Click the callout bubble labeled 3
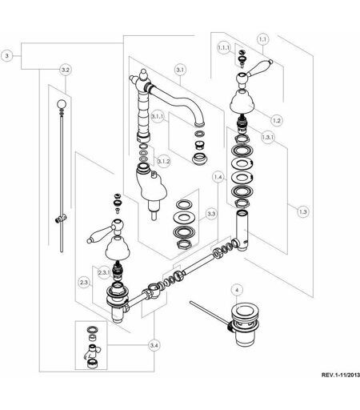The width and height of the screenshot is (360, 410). tap(7, 56)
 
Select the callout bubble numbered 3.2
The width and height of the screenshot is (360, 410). tap(66, 70)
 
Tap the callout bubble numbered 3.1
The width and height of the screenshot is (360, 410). tap(180, 70)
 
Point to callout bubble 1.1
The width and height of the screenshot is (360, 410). tap(262, 39)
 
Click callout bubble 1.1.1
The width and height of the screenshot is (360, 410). tap(223, 48)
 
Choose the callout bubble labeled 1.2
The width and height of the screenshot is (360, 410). tap(277, 120)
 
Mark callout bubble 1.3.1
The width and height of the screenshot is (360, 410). tap(268, 137)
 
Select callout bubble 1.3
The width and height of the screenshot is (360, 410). tap(302, 211)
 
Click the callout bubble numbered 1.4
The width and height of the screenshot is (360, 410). tap(218, 177)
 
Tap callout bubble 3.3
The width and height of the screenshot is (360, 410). tap(211, 214)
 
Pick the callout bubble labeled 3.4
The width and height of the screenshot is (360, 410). tap(154, 345)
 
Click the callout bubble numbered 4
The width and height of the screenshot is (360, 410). tap(238, 290)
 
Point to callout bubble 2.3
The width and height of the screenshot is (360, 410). tap(84, 282)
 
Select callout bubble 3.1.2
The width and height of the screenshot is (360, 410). tap(163, 161)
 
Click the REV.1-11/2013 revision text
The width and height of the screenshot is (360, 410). tap(341, 375)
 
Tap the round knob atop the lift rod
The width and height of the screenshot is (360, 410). tap(62, 104)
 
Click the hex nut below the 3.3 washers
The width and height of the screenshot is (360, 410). tap(184, 244)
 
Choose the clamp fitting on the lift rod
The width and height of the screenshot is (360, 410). tap(61, 219)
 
